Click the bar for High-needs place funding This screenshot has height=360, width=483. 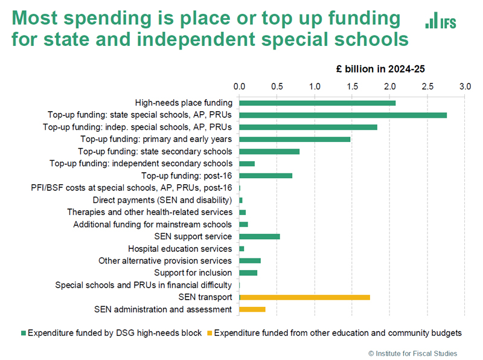[x=317, y=103]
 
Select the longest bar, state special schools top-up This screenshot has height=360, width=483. [x=343, y=115]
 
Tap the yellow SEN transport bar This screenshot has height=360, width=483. [x=305, y=297]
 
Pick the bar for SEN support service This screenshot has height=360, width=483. [x=260, y=236]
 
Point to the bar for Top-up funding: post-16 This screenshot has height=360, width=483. [x=266, y=176]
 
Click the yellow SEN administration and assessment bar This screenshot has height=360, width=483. [x=252, y=309]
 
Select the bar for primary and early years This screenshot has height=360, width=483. [x=295, y=139]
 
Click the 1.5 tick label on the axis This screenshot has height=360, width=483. [x=351, y=86]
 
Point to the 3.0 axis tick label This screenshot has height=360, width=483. [x=464, y=86]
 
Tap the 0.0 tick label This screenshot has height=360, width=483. [x=239, y=86]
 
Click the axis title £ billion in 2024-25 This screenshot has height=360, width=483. [x=381, y=69]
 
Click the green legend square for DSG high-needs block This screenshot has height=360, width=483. [x=24, y=333]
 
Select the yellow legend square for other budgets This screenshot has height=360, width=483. [x=210, y=333]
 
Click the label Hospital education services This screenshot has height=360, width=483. [x=180, y=249]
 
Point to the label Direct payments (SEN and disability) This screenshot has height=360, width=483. [x=162, y=200]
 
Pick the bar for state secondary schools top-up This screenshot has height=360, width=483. [x=269, y=151]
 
